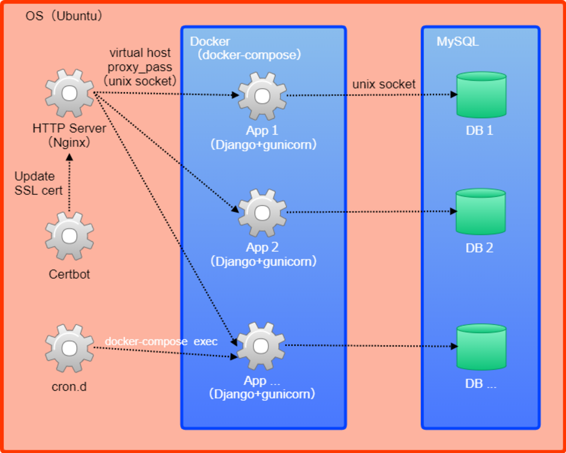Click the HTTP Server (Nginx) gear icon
70,93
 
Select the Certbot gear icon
70,237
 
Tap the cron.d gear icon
70,348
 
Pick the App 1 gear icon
262,96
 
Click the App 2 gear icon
262,213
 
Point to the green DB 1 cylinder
481,95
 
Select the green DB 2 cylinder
481,212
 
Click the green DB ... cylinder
481,347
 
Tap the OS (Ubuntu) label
64,16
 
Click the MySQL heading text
458,42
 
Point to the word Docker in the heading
210,42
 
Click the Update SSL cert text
38,183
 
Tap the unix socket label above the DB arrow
384,84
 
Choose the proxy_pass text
140,67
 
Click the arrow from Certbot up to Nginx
69,183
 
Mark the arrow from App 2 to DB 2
370,212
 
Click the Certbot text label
69,274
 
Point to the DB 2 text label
479,248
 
